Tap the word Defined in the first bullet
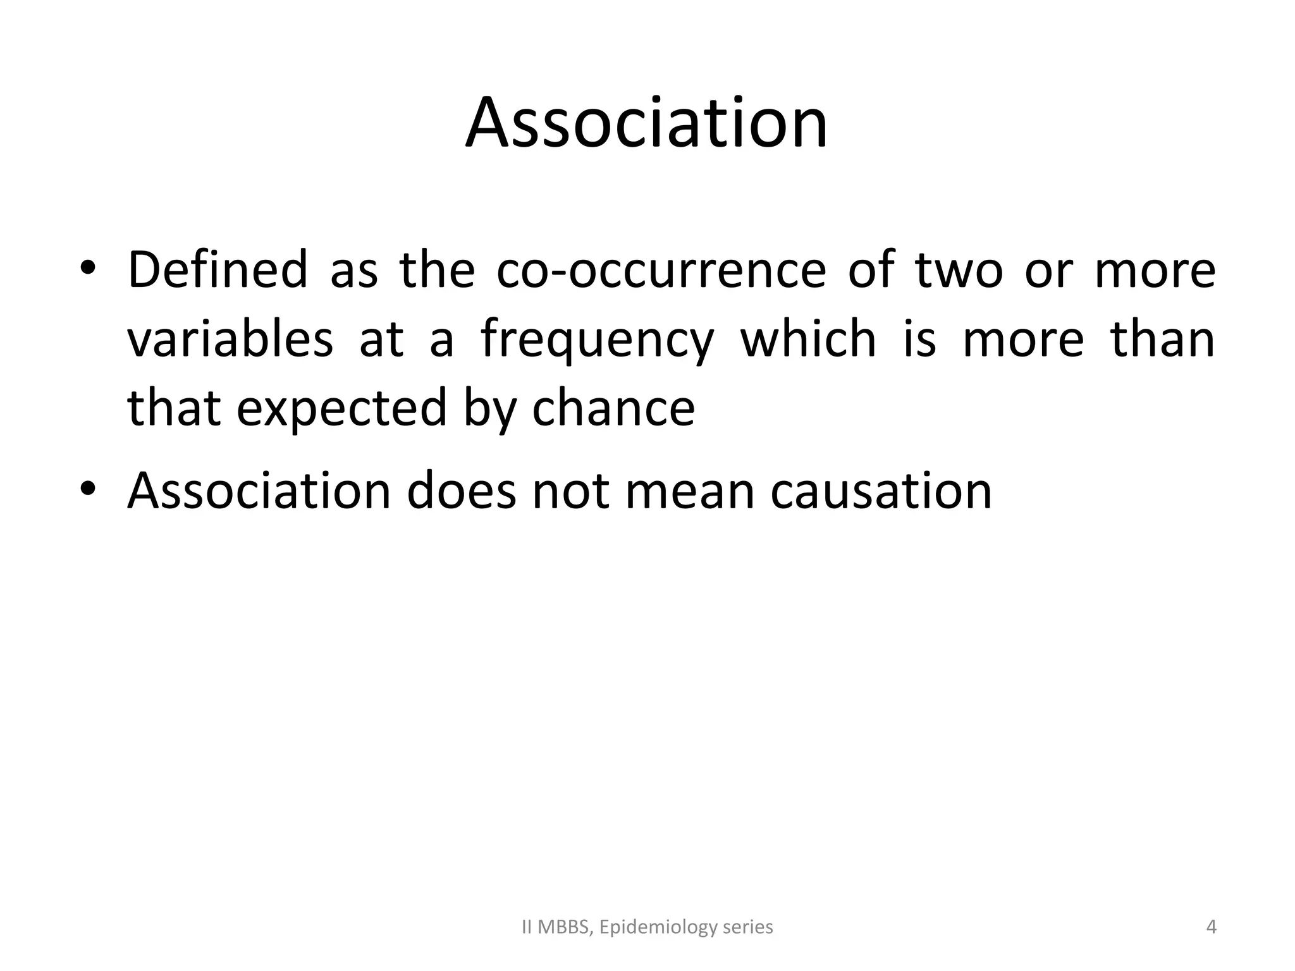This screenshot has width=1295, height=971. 218,270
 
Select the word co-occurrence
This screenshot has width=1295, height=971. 661,270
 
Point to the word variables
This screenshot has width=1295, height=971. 230,339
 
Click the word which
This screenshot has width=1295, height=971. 808,339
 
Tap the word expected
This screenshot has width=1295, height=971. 342,409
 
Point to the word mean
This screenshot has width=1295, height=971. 690,491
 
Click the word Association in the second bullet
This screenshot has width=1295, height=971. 259,491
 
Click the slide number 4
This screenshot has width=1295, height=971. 1211,927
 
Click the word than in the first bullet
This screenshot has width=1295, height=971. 1162,339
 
